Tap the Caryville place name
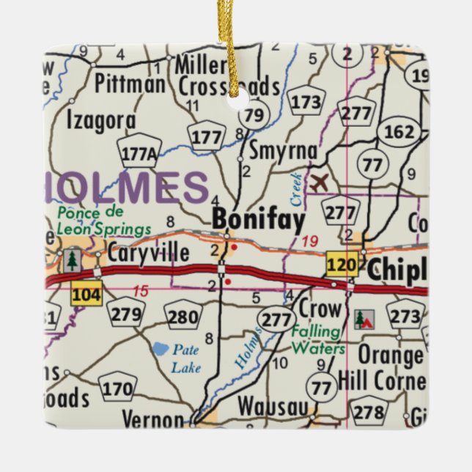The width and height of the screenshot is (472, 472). tap(148, 254)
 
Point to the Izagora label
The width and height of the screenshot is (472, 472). tap(100, 119)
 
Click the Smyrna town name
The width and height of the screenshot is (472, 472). tap(283, 151)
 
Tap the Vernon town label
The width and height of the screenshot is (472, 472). tap(152, 420)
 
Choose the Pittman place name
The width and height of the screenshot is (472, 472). tap(130, 84)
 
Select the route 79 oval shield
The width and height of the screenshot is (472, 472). tap(254, 114)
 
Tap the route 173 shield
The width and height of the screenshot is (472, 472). tap(305, 103)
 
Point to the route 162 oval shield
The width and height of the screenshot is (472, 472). tap(399, 132)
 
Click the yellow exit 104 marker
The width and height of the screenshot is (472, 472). tap(86, 295)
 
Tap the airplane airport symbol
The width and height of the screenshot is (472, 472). tap(318, 182)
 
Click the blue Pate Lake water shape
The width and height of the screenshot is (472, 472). tap(161, 350)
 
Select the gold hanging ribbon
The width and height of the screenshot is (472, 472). tap(235, 44)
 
